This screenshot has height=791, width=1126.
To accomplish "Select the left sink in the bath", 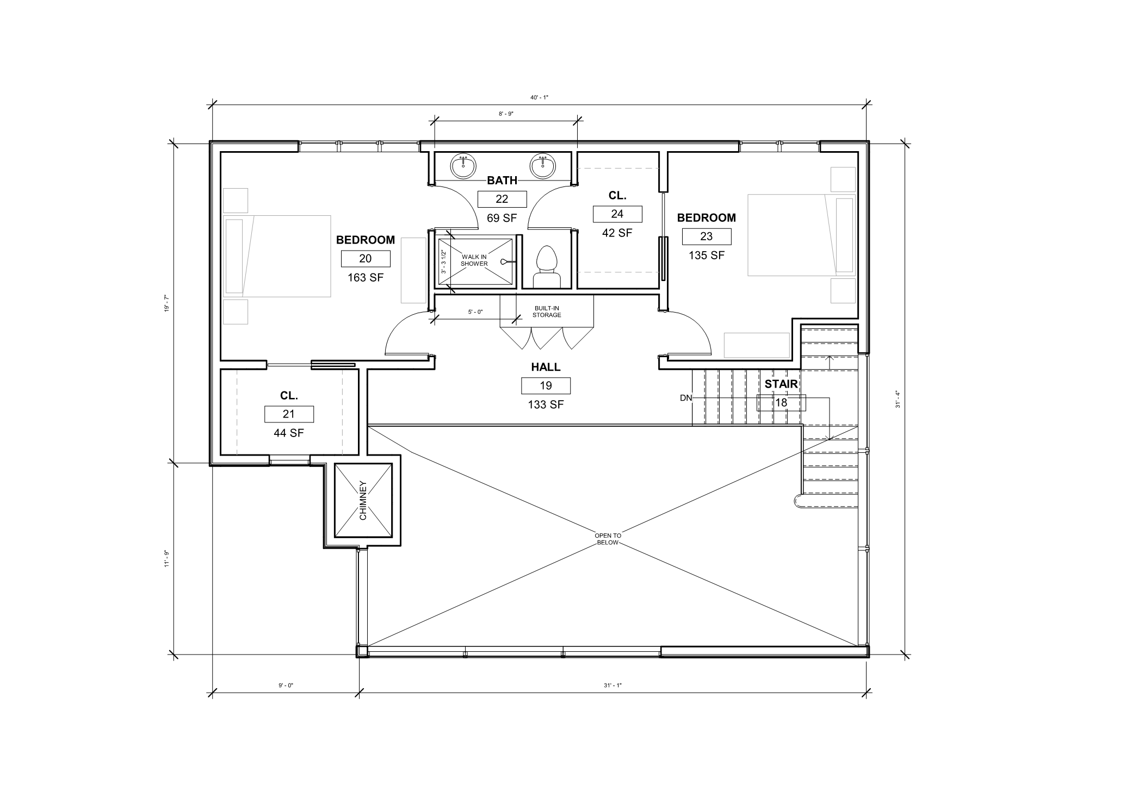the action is click(x=463, y=166).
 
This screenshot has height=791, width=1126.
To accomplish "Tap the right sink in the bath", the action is click(x=542, y=166).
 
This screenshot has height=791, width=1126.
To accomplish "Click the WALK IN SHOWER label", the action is click(x=474, y=260).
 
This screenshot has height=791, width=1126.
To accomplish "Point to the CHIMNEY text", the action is click(x=363, y=500).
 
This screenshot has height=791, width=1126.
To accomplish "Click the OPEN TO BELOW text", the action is click(x=608, y=539).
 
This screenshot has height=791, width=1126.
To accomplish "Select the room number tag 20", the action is click(x=366, y=259).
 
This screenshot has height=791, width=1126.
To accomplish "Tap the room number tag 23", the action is click(x=707, y=236).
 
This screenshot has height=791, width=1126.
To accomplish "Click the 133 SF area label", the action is click(x=546, y=404).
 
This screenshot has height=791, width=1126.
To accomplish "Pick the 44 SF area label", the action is click(x=289, y=433).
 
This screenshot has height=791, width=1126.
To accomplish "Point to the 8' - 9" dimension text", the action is click(x=506, y=114).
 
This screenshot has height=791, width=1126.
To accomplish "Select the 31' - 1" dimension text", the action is click(x=613, y=686).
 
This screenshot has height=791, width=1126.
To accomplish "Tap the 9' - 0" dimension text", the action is click(x=286, y=686).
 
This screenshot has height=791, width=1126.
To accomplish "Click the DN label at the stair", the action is click(x=686, y=398).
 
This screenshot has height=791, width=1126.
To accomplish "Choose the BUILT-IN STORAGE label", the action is click(x=547, y=312).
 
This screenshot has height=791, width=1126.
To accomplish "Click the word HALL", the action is click(x=546, y=368).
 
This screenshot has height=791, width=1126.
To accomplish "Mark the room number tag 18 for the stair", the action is click(x=781, y=403).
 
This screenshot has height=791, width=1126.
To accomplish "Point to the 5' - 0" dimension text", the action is click(x=475, y=312).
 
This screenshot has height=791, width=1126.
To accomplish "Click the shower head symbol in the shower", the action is click(x=505, y=261).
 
